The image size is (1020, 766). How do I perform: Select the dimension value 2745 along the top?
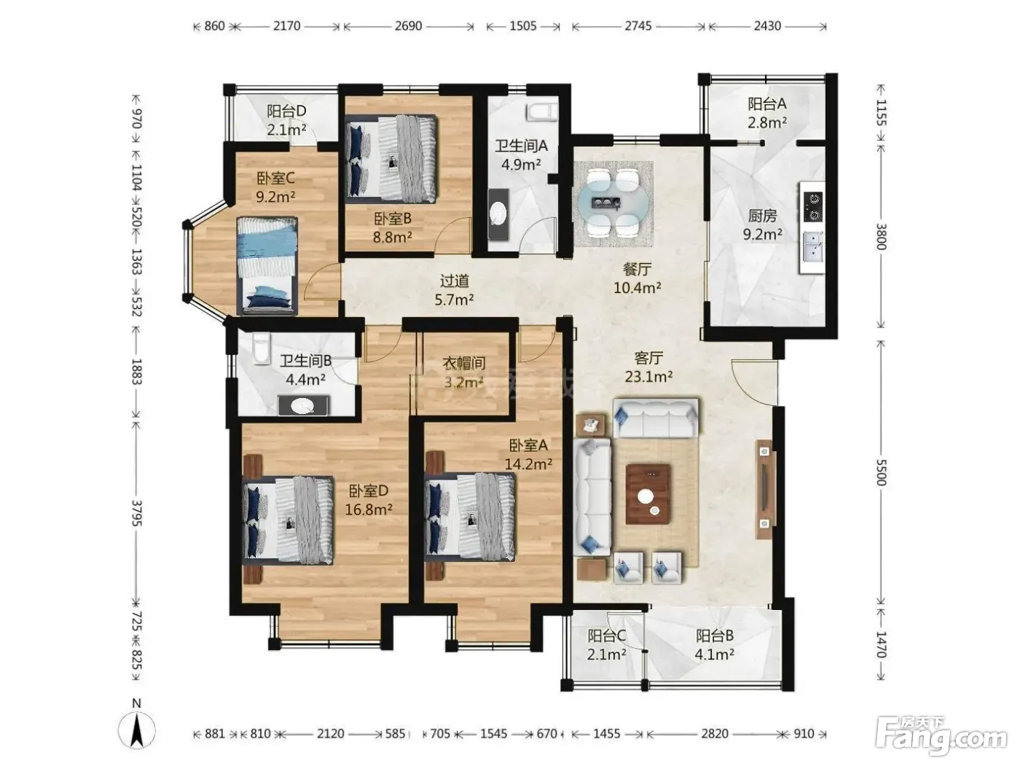[x=637, y=26]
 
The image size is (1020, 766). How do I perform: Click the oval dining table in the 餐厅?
[x=613, y=203]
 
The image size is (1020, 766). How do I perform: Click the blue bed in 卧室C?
[x=267, y=266]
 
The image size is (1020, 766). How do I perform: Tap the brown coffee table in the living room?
[x=648, y=494]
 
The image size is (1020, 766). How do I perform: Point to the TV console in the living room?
[x=765, y=490]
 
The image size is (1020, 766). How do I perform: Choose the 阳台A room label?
[x=766, y=103]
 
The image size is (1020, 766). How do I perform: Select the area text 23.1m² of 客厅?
[x=648, y=377]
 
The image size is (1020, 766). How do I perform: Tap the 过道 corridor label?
[x=454, y=281]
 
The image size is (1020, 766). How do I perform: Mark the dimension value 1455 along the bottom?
[x=606, y=734]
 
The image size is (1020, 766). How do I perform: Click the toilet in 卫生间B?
[x=262, y=348]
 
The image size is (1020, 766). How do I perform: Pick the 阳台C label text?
[x=606, y=636]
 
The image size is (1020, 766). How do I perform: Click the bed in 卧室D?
[x=288, y=520]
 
